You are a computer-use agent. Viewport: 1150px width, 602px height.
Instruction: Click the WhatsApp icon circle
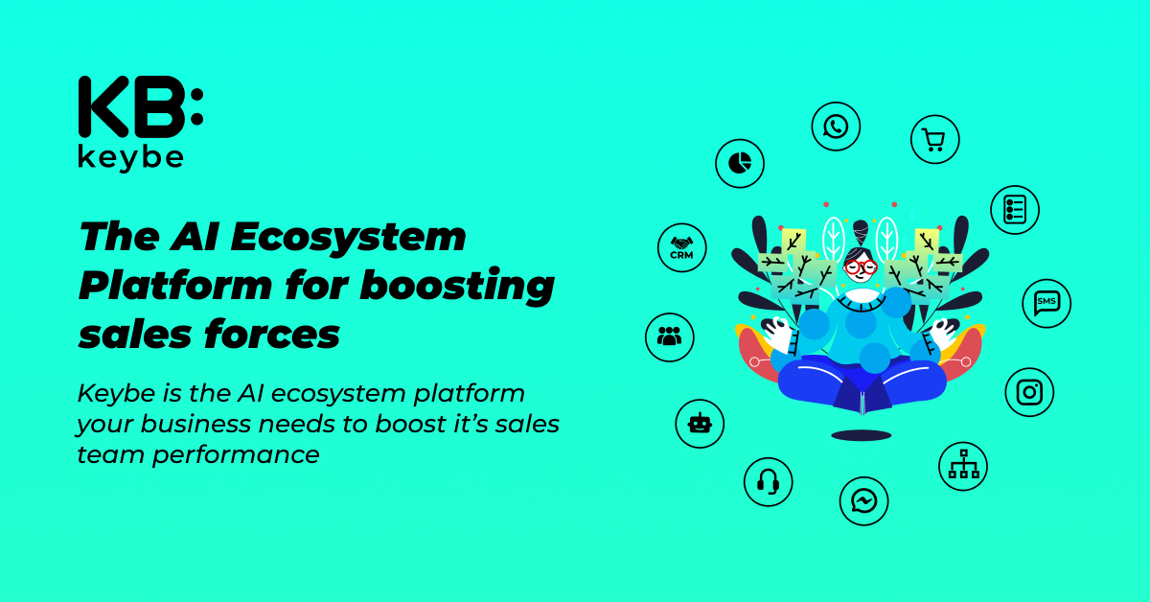pyautogui.click(x=836, y=127)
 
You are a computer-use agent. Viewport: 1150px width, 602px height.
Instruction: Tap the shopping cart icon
pyautogui.click(x=935, y=139)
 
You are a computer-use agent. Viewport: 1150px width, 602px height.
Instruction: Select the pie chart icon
pyautogui.click(x=740, y=163)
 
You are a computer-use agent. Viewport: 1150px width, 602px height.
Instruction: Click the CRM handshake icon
pyautogui.click(x=681, y=247)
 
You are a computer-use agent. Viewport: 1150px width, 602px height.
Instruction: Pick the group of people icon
pyautogui.click(x=670, y=337)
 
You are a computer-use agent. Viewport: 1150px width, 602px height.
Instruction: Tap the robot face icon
pyautogui.click(x=700, y=424)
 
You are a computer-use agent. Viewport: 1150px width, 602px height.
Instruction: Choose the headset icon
pyautogui.click(x=768, y=482)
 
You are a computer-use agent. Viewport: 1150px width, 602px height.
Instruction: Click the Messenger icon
pyautogui.click(x=864, y=501)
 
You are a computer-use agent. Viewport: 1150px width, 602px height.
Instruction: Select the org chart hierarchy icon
pyautogui.click(x=963, y=467)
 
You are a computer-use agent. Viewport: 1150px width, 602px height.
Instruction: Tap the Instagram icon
pyautogui.click(x=1029, y=392)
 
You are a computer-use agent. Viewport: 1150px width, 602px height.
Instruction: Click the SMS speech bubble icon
pyautogui.click(x=1046, y=303)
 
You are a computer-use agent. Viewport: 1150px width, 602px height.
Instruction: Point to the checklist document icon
pyautogui.click(x=1015, y=210)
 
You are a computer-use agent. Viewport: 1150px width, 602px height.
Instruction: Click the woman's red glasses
pyautogui.click(x=861, y=267)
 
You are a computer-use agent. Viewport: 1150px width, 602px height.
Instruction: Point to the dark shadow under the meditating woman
pyautogui.click(x=862, y=436)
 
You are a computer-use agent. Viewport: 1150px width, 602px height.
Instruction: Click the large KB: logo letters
pyautogui.click(x=141, y=106)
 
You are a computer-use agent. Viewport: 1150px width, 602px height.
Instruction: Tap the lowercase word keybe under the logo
pyautogui.click(x=131, y=158)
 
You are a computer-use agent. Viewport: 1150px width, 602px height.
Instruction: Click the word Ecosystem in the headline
pyautogui.click(x=349, y=238)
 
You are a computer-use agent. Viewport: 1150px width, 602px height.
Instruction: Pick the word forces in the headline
pyautogui.click(x=272, y=335)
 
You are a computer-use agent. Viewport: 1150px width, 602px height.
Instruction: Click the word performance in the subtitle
pyautogui.click(x=236, y=455)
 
